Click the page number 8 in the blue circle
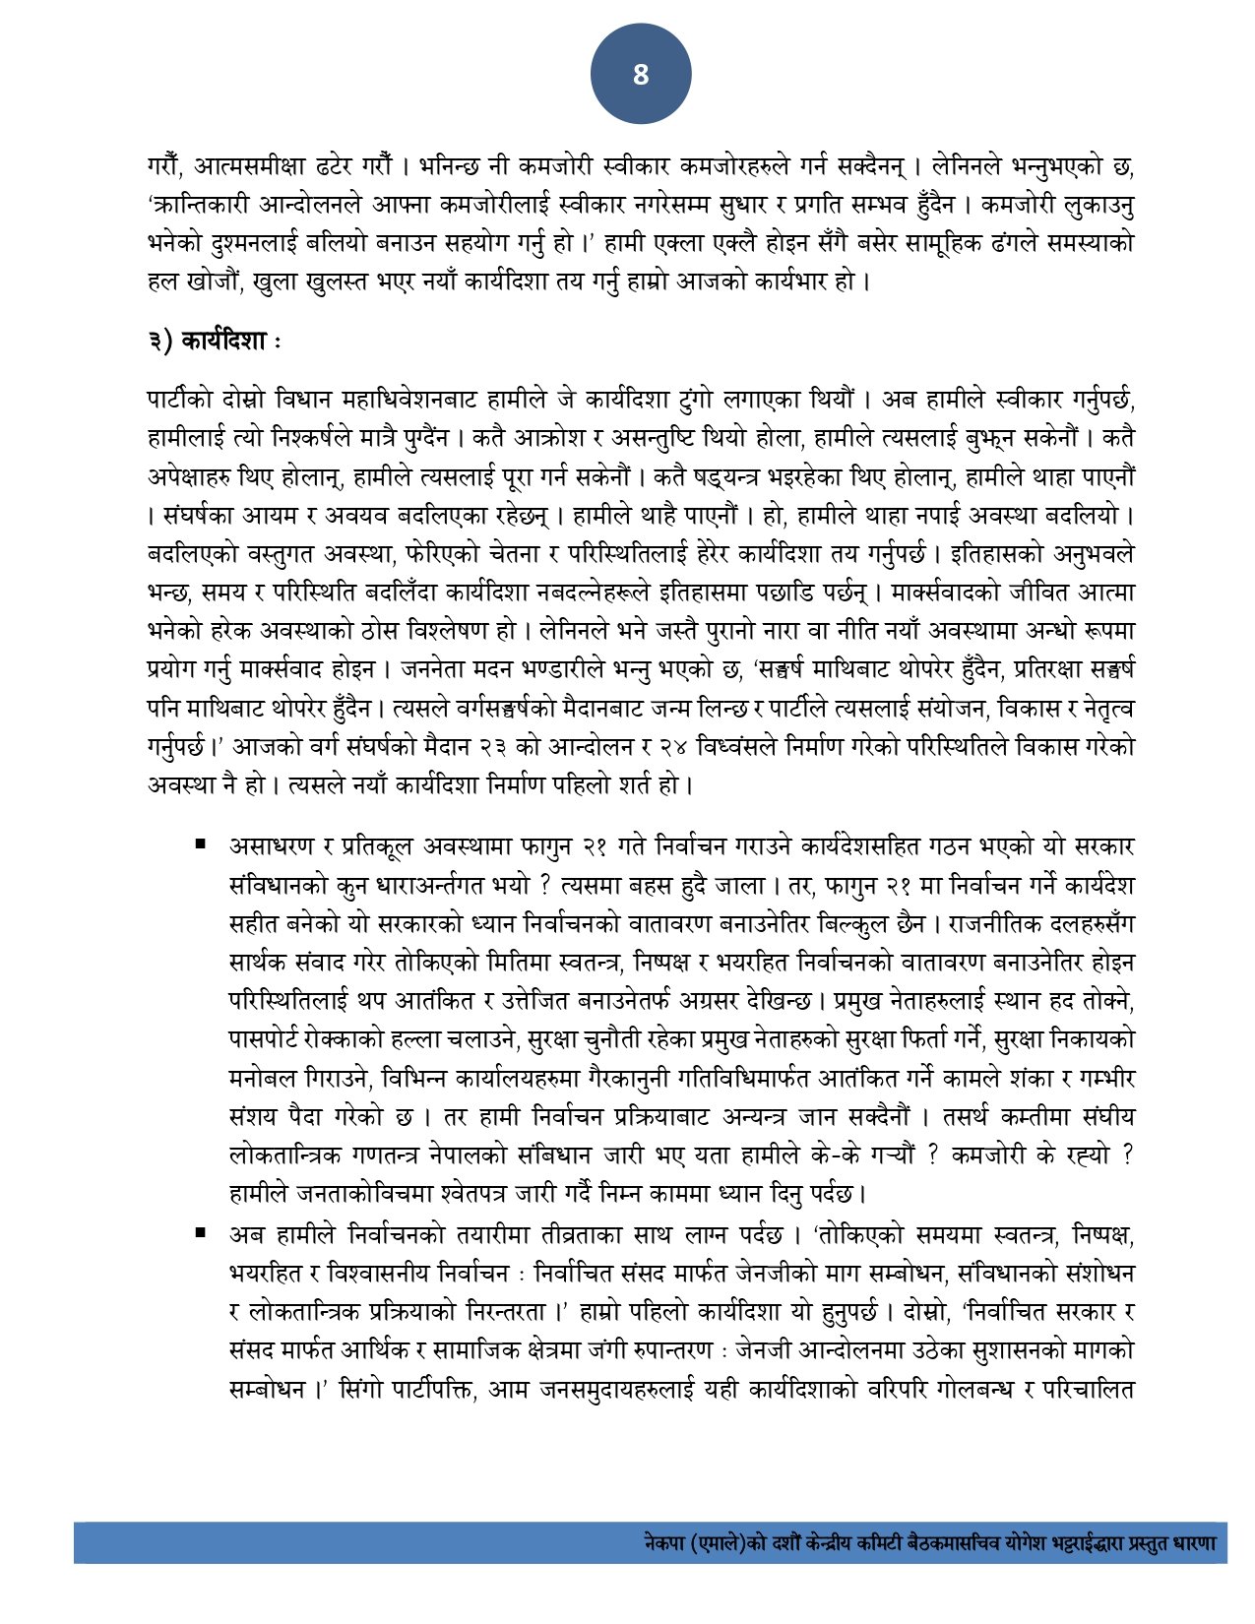641,75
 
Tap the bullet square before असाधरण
201,843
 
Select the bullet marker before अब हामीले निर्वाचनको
201,1231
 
